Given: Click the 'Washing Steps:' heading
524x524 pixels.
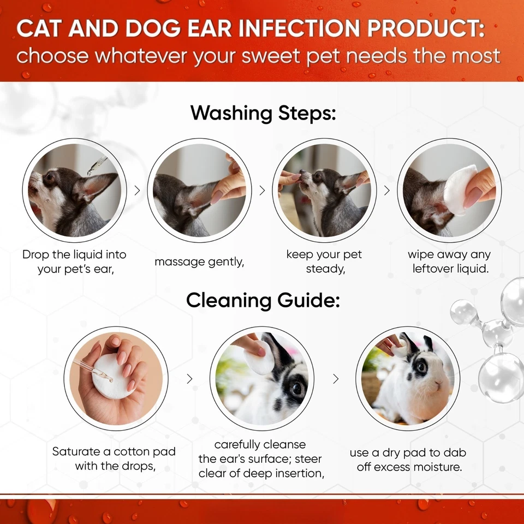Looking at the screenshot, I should pyautogui.click(x=262, y=113).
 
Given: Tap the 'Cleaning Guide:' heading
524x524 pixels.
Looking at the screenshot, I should pyautogui.click(x=262, y=300).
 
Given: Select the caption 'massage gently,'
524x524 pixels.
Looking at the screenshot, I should pyautogui.click(x=199, y=261).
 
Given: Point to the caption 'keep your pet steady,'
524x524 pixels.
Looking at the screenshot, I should pyautogui.click(x=324, y=261).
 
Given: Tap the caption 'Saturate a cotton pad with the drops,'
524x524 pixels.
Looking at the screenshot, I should pyautogui.click(x=114, y=458).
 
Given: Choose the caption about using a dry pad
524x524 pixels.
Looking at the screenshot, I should pyautogui.click(x=408, y=460).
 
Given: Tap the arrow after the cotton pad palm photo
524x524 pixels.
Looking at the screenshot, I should pyautogui.click(x=189, y=379).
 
